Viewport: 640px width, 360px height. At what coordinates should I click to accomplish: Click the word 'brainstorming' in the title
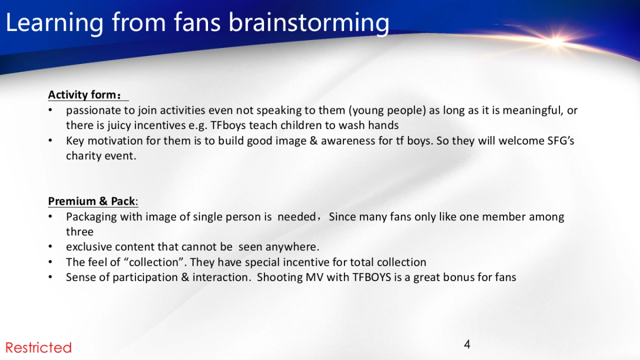[x=309, y=23]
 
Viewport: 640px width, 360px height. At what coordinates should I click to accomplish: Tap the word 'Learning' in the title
[x=54, y=23]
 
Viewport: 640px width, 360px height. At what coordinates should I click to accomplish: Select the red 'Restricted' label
[x=38, y=348]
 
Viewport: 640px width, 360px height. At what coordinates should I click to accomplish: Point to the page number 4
[x=467, y=345]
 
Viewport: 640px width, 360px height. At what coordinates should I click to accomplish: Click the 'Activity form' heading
[x=84, y=95]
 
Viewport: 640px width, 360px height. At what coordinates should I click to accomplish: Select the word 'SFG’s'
[x=561, y=141]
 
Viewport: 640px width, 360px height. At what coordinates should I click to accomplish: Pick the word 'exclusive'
[x=89, y=247]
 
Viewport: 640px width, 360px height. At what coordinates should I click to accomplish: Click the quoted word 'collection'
[x=154, y=262]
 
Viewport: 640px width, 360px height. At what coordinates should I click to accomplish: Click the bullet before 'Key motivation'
[x=50, y=141]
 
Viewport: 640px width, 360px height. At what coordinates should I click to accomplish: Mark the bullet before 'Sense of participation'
[x=50, y=277]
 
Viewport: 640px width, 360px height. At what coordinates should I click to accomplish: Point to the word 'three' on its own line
[x=79, y=231]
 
